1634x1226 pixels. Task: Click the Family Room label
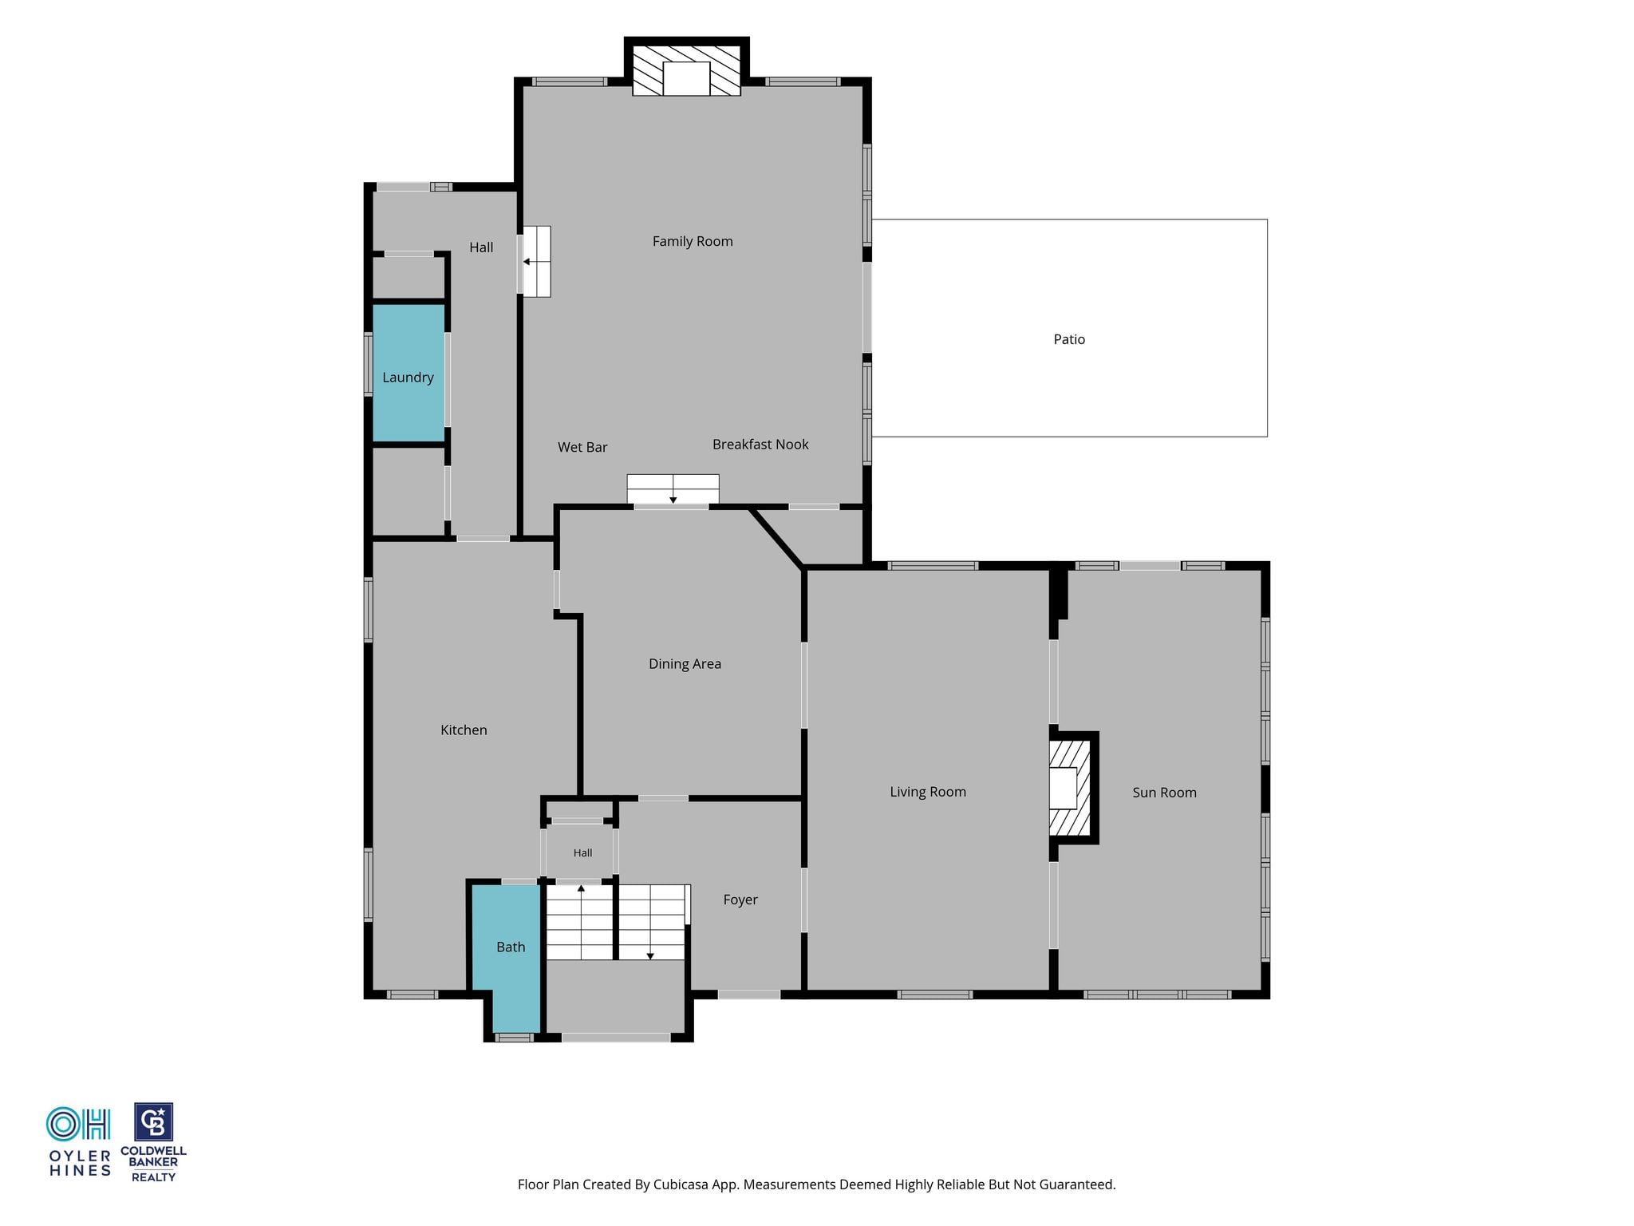pyautogui.click(x=693, y=241)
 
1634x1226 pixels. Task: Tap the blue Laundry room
pyautogui.click(x=408, y=372)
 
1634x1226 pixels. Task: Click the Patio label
pyautogui.click(x=1069, y=339)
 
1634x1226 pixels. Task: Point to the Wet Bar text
pyautogui.click(x=582, y=447)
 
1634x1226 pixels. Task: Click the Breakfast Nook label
pyautogui.click(x=760, y=445)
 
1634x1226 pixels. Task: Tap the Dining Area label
pyautogui.click(x=685, y=664)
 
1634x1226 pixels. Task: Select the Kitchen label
pyautogui.click(x=464, y=730)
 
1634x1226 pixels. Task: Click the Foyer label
pyautogui.click(x=740, y=900)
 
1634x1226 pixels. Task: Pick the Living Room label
pyautogui.click(x=928, y=792)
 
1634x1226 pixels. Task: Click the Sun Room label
pyautogui.click(x=1164, y=793)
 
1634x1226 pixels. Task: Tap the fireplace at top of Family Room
pyautogui.click(x=686, y=70)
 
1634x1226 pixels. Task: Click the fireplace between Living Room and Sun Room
pyautogui.click(x=1070, y=788)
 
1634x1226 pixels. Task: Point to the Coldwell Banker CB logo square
pyautogui.click(x=153, y=1122)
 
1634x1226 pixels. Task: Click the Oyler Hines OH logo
pyautogui.click(x=78, y=1124)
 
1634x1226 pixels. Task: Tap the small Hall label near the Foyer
pyautogui.click(x=582, y=853)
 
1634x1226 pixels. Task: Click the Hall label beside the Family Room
pyautogui.click(x=481, y=247)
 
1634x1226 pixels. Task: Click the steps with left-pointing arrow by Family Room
pyautogui.click(x=535, y=261)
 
